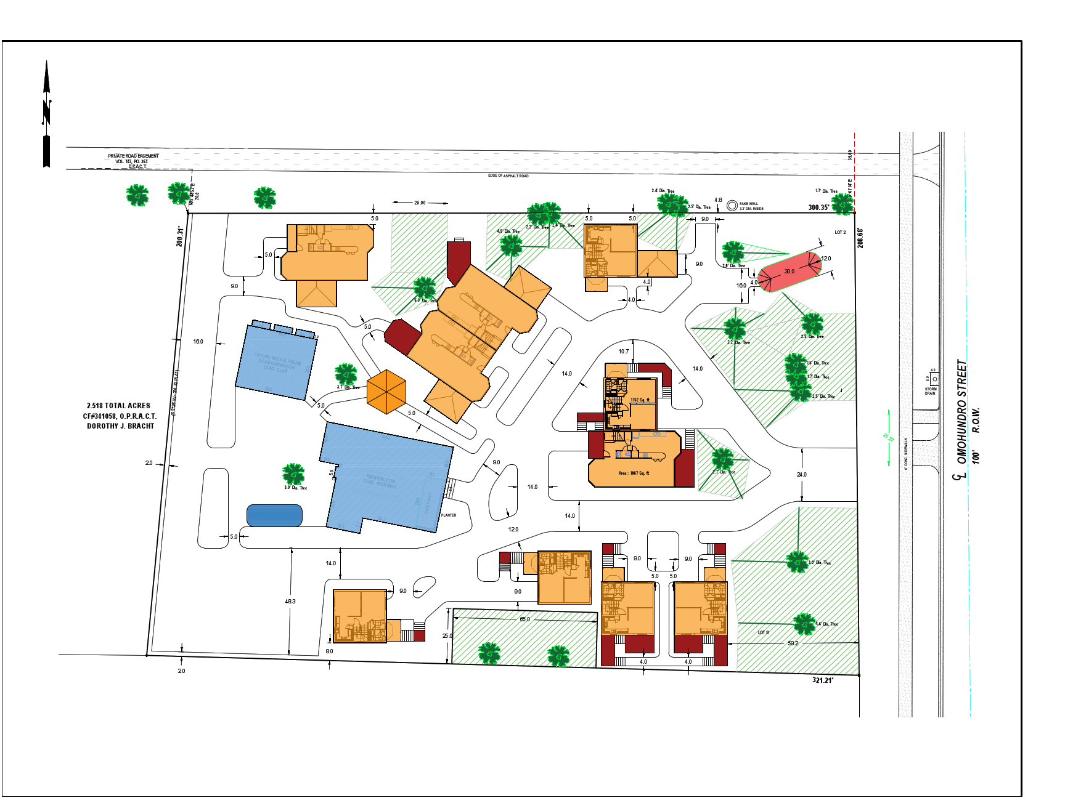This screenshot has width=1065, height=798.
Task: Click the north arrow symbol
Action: tap(46, 114)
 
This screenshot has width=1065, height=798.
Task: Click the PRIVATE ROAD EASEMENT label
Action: tap(133, 156)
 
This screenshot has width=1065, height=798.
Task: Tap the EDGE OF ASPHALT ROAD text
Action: tap(508, 176)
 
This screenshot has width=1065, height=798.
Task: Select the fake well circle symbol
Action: tap(732, 206)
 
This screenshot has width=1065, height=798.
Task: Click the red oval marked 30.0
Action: tap(790, 271)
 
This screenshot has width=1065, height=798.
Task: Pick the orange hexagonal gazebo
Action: tap(386, 392)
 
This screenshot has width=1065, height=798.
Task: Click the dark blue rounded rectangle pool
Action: tap(274, 515)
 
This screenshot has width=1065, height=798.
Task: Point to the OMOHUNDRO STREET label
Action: tap(961, 411)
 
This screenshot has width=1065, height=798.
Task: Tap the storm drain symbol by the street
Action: tap(934, 379)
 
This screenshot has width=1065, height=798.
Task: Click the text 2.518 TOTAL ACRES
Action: tap(118, 406)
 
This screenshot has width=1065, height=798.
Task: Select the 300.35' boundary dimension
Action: tap(818, 208)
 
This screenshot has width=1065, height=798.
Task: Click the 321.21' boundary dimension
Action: tap(822, 680)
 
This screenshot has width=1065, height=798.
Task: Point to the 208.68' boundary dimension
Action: tap(860, 238)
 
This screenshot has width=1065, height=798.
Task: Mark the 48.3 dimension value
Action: tap(290, 602)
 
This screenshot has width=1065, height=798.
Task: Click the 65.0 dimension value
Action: tap(524, 619)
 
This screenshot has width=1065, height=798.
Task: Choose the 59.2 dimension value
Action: tap(793, 643)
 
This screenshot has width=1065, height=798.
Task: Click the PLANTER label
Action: tap(449, 515)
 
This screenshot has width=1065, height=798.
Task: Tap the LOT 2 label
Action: tap(840, 233)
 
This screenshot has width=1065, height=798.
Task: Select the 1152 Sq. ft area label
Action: tap(640, 400)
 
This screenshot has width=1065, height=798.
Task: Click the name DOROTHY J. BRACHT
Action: tap(120, 426)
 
